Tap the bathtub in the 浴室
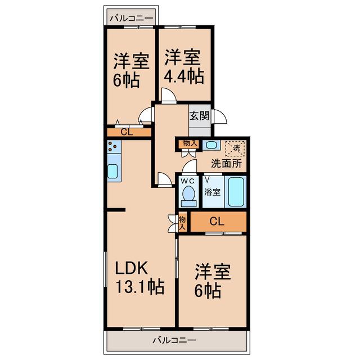(x=236, y=192)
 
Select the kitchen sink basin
(x=112, y=171)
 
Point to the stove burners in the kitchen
(x=112, y=146)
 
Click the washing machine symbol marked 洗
(x=235, y=148)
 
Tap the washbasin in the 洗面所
(x=211, y=145)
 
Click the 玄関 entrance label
(x=199, y=116)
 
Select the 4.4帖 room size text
(x=184, y=76)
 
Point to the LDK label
(x=131, y=268)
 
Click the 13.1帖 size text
(x=140, y=287)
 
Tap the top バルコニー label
(x=131, y=18)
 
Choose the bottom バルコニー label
(x=174, y=340)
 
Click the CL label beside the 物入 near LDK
(x=217, y=222)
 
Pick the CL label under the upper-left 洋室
(x=127, y=132)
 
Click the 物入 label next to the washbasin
(x=190, y=143)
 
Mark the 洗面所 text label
(x=226, y=164)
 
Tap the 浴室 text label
(x=213, y=192)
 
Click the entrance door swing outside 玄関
(x=220, y=117)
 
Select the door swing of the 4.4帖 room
(x=169, y=94)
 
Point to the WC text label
(x=187, y=181)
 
